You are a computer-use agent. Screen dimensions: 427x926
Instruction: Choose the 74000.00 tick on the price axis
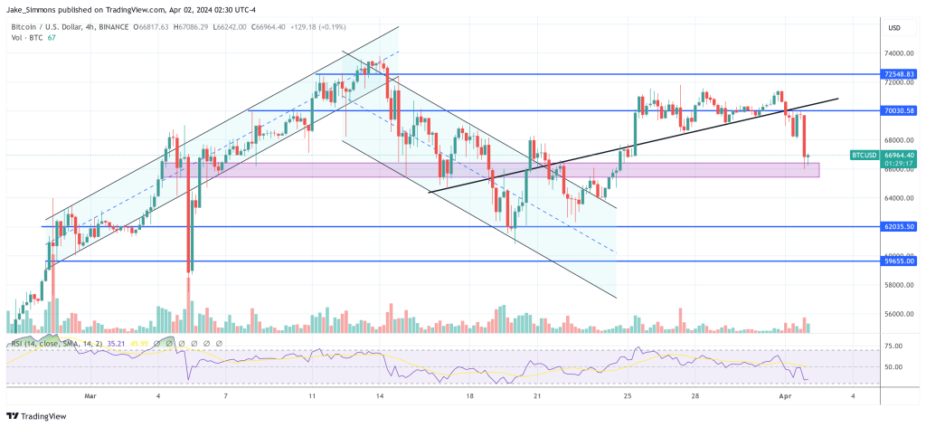coord(896,53)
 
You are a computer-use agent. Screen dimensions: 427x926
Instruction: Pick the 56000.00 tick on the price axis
coord(896,314)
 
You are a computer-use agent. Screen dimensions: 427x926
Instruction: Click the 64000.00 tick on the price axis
coord(896,198)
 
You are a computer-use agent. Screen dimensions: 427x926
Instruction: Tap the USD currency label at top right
coord(894,28)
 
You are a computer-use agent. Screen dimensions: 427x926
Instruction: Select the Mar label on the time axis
coord(90,395)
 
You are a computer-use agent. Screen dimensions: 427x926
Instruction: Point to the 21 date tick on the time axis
coord(536,395)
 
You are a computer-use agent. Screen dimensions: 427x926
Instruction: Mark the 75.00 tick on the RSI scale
coord(893,346)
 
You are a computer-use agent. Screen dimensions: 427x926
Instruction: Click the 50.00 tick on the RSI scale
coord(893,367)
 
